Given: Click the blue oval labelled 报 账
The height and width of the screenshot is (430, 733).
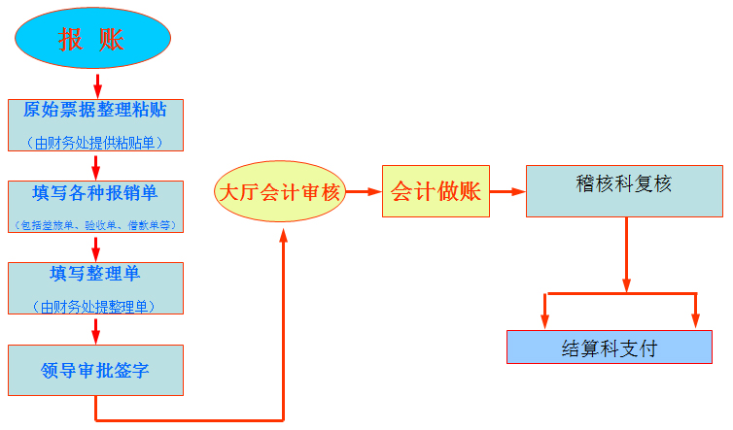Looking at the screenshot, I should pyautogui.click(x=92, y=38).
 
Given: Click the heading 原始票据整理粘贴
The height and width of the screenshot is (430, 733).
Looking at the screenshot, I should pyautogui.click(x=95, y=109).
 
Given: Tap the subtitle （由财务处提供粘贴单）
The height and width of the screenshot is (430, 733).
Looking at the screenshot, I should pyautogui.click(x=95, y=142).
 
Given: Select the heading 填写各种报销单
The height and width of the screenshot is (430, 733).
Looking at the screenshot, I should pyautogui.click(x=95, y=191).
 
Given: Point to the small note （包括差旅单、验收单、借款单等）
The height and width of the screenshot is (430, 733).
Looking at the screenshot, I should pyautogui.click(x=95, y=224).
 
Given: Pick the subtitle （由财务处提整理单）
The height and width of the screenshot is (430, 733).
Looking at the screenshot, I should pyautogui.click(x=95, y=307).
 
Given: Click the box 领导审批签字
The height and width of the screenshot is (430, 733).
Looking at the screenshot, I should pyautogui.click(x=95, y=370).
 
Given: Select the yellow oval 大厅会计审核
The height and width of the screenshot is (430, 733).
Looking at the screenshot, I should pyautogui.click(x=280, y=192).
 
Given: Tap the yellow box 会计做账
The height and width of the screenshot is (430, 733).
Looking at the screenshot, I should pyautogui.click(x=436, y=191).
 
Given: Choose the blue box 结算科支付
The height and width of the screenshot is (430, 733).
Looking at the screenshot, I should pyautogui.click(x=609, y=347).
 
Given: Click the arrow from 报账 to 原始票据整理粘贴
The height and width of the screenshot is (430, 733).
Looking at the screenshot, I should pyautogui.click(x=95, y=84).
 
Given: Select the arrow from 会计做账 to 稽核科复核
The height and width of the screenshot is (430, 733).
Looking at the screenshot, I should pyautogui.click(x=506, y=191).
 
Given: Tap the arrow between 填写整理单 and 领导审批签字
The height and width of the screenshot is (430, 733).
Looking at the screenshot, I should pyautogui.click(x=95, y=330).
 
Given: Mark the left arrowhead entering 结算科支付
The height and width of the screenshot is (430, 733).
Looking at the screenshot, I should pyautogui.click(x=545, y=321).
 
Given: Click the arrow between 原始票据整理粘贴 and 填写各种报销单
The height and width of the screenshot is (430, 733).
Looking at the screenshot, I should pyautogui.click(x=95, y=166).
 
